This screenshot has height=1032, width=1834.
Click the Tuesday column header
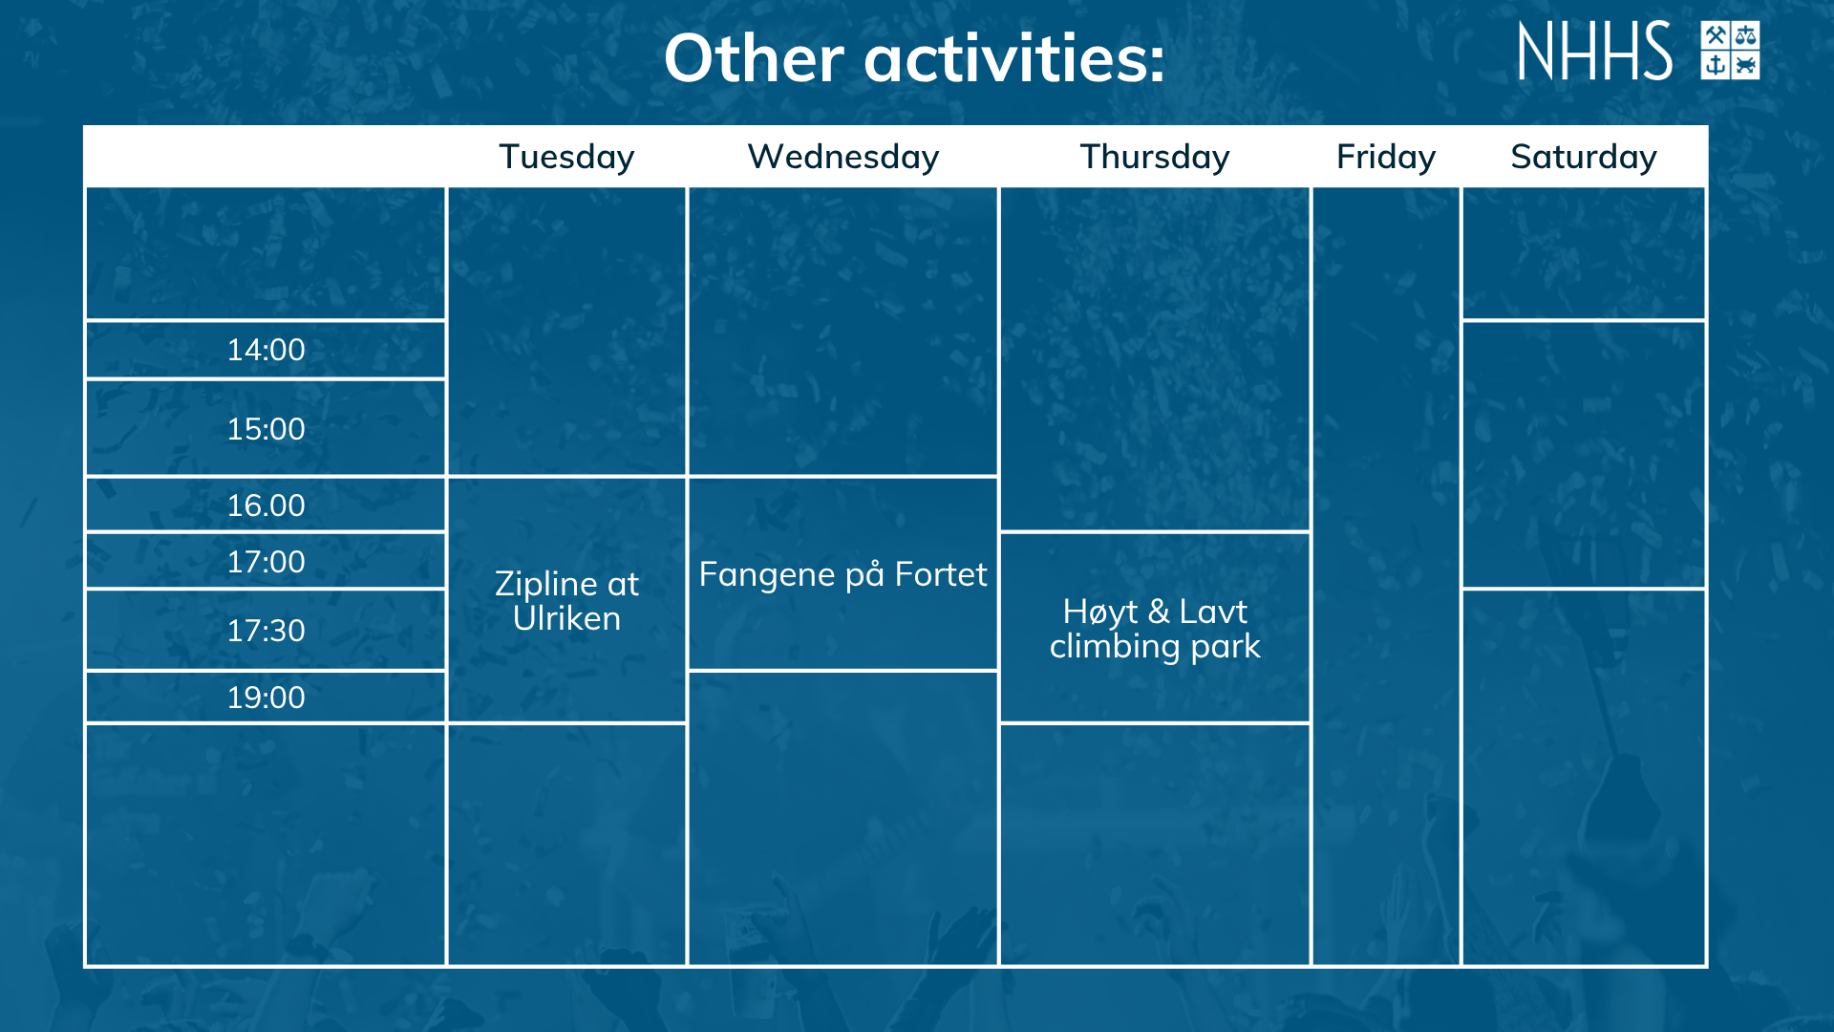566,157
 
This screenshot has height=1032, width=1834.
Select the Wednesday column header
842,157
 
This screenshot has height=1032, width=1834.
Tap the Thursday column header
1154,157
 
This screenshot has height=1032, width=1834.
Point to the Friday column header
1385,157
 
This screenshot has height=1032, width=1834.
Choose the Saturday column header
1583,157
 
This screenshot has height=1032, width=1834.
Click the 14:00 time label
266,350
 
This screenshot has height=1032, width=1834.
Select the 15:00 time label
266,429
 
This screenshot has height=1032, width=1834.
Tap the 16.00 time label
266,505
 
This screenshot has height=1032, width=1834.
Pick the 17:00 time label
266,562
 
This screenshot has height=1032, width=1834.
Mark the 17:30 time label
266,631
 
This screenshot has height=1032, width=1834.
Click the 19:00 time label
266,698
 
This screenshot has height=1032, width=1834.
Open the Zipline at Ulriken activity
566,601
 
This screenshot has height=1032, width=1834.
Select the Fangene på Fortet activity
842,574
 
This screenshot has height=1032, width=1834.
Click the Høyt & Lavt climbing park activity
1154,629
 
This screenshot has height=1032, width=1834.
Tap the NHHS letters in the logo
1594,51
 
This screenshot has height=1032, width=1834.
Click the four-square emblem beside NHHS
1730,51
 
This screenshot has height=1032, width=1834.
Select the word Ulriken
566,619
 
